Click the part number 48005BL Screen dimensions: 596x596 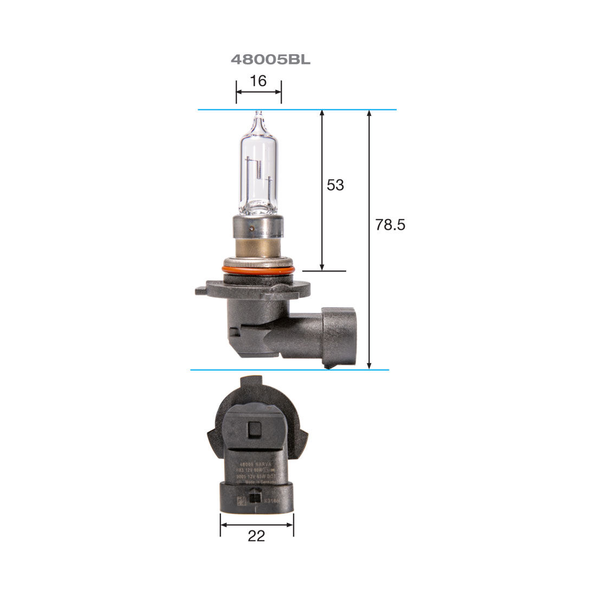pyautogui.click(x=270, y=60)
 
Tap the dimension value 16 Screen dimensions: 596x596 pyautogui.click(x=258, y=81)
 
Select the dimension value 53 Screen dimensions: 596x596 pyautogui.click(x=335, y=185)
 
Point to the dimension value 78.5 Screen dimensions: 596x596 pyautogui.click(x=390, y=225)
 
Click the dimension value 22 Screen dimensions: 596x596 pyautogui.click(x=256, y=536)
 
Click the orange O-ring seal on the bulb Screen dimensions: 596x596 pyautogui.click(x=258, y=269)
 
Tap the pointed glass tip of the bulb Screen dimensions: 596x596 pyautogui.click(x=258, y=115)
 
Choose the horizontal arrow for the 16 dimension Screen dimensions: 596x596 pyautogui.click(x=258, y=92)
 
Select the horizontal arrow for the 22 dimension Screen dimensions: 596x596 pyautogui.click(x=256, y=524)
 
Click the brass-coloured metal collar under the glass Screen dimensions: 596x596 pyautogui.click(x=258, y=251)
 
